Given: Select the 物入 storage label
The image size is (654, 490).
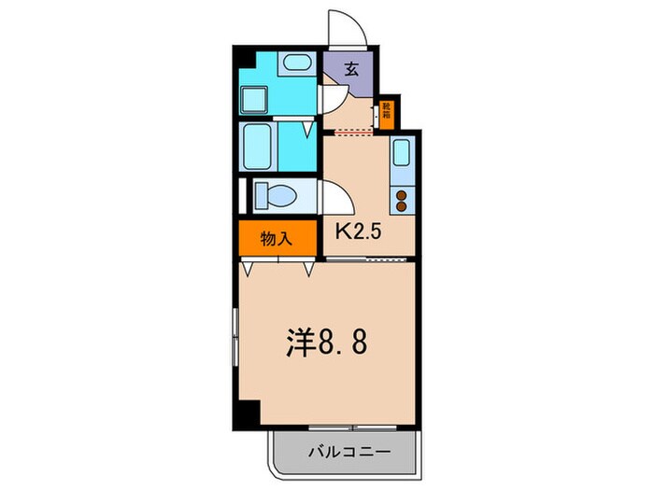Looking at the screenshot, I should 277,239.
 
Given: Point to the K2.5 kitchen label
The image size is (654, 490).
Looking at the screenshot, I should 358,231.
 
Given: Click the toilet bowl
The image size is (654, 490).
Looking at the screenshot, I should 277,196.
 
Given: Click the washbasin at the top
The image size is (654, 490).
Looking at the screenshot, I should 297,64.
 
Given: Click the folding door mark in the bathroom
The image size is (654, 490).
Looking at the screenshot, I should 306,130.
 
